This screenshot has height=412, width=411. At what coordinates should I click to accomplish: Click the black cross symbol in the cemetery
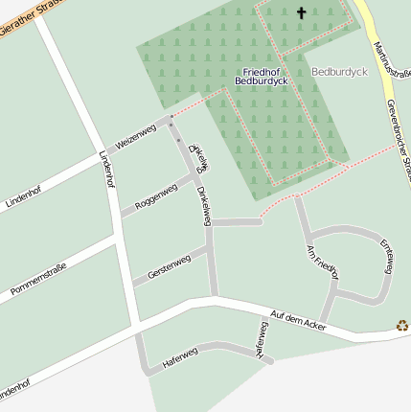tap(302, 12)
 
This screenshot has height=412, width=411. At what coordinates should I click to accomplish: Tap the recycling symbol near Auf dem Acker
tap(402, 326)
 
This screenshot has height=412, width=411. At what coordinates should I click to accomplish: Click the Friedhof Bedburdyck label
tap(263, 78)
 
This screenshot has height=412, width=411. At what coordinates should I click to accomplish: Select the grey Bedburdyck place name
tap(339, 72)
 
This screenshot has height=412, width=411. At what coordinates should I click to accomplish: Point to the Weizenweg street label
tap(135, 136)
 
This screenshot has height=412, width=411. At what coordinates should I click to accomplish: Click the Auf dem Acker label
tap(299, 321)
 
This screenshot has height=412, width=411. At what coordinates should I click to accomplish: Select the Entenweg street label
tap(386, 256)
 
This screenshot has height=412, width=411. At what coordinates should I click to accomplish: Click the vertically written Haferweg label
tap(262, 339)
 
